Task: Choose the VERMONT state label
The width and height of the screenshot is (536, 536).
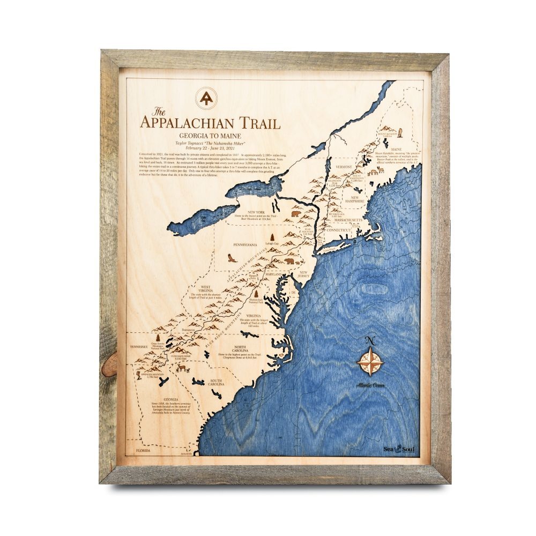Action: pos(344,167)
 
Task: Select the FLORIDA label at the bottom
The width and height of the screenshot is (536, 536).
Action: pos(144,451)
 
